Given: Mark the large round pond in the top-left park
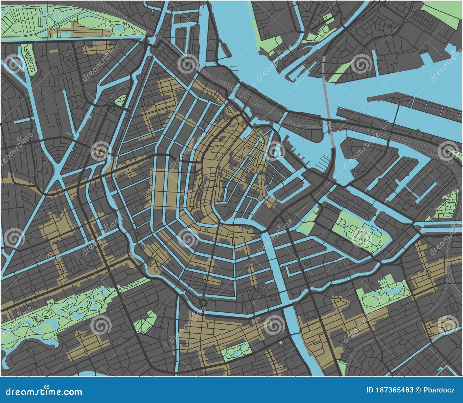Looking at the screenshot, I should [119, 28].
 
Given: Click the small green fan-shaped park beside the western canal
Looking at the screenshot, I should [120, 100].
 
